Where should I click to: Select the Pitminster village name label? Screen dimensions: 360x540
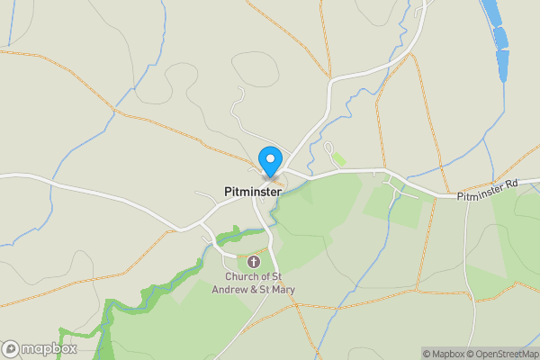253,192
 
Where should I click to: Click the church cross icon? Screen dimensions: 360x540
254,262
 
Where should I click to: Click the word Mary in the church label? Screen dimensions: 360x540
283,289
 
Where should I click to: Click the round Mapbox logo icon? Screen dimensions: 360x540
11,349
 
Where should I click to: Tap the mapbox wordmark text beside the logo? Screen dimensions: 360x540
49,349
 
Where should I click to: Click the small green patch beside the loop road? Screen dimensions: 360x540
337,158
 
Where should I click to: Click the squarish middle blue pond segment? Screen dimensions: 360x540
501,39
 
